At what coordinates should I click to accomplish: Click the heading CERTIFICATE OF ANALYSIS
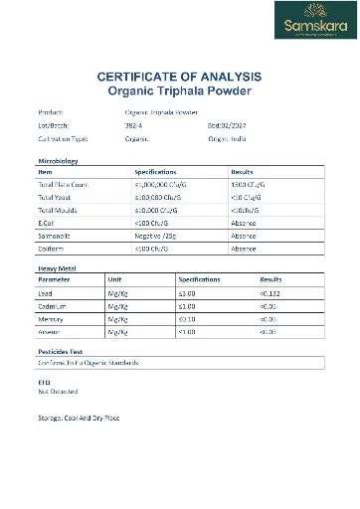click(179, 77)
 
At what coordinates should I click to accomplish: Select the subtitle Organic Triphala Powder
click(179, 90)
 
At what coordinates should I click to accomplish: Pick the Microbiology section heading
click(58, 160)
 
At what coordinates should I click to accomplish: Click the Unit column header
click(115, 280)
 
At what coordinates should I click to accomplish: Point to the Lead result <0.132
click(270, 293)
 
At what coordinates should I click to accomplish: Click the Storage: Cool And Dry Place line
click(79, 418)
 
